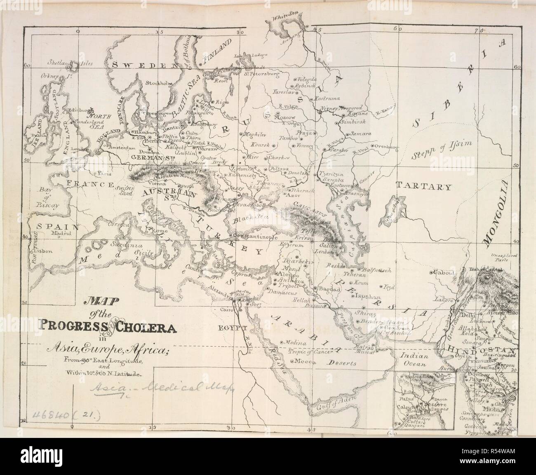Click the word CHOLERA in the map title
[146, 328]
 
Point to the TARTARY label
[423, 187]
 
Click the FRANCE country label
[84, 184]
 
